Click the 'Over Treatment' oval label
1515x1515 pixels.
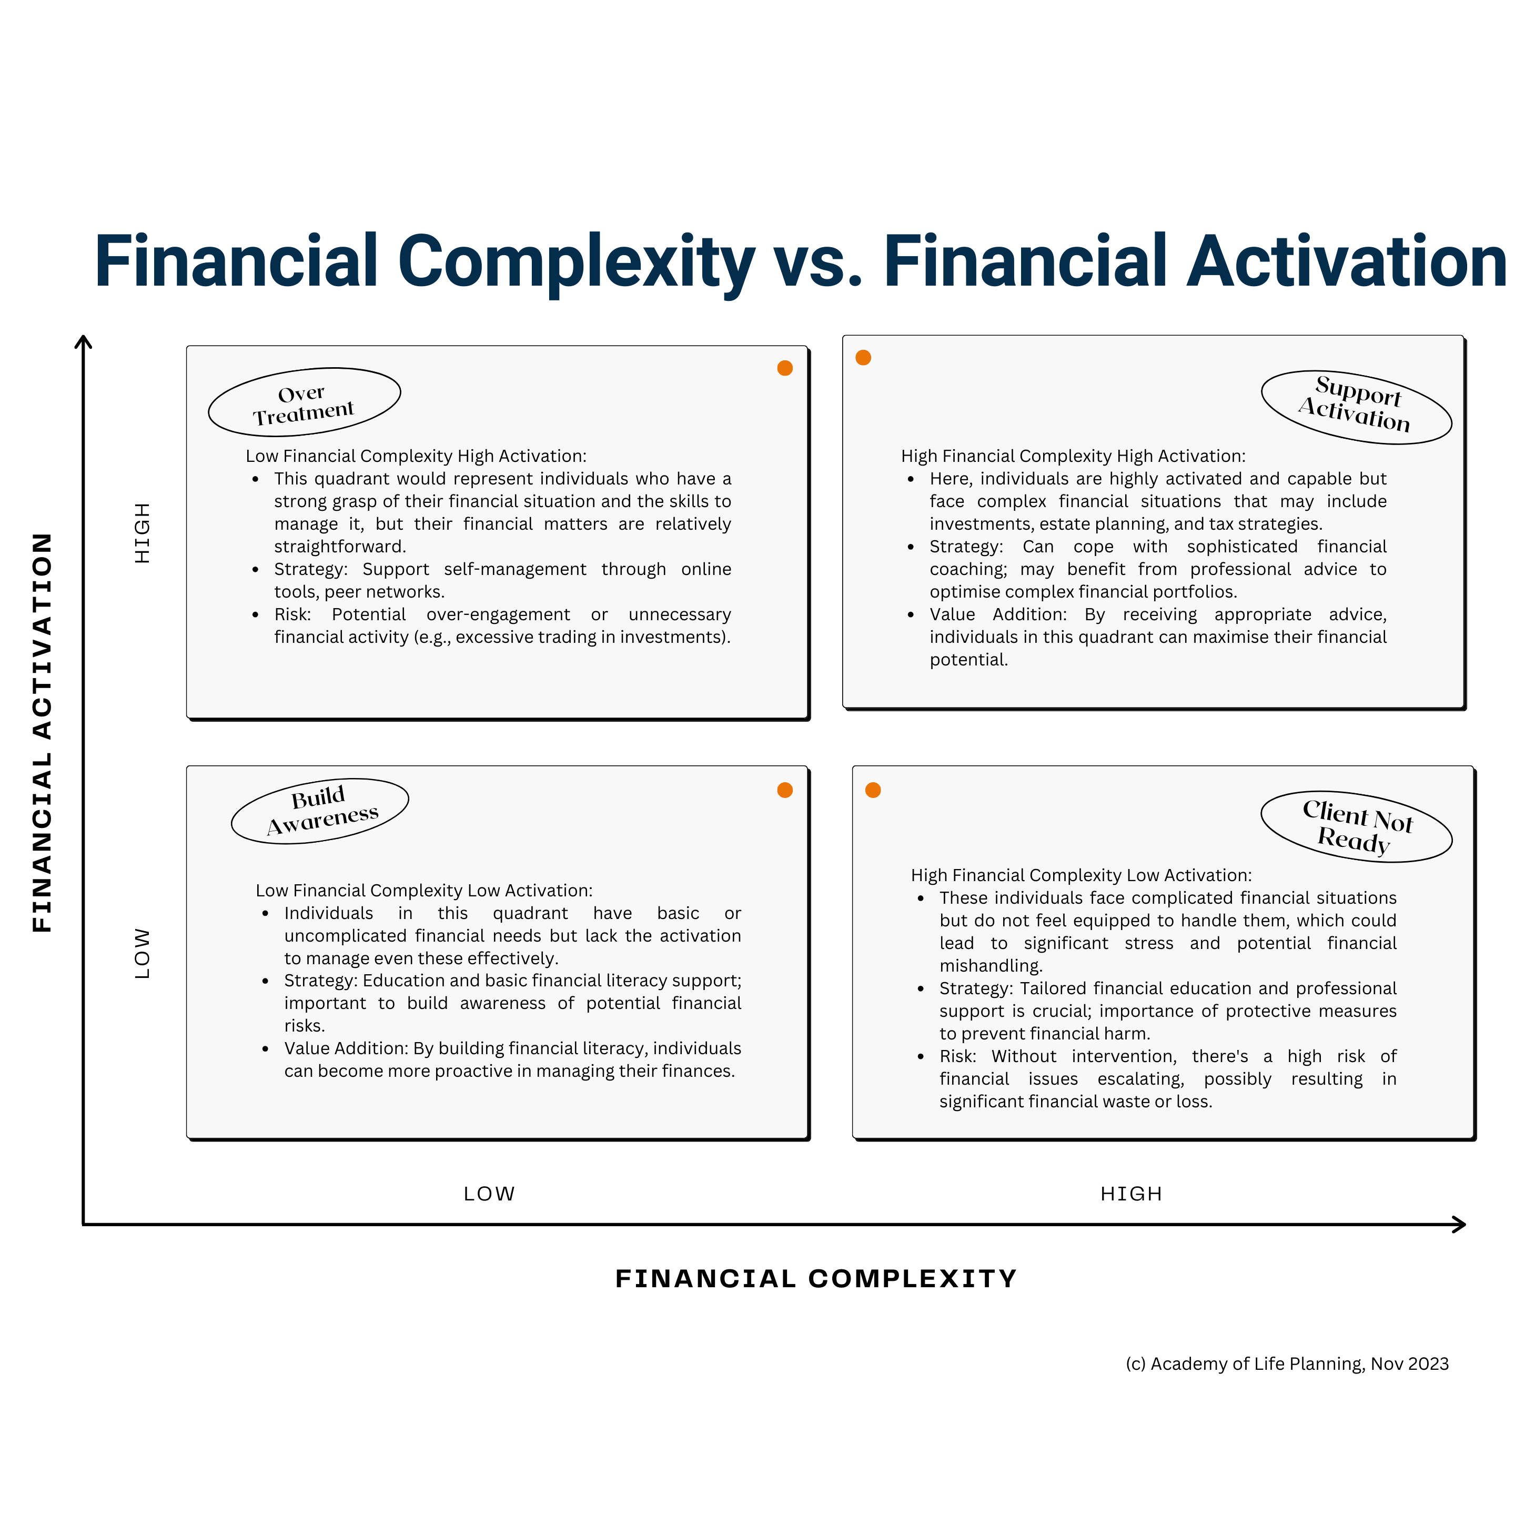[304, 402]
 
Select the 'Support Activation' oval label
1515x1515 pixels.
[1357, 407]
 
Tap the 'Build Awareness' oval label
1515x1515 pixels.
[320, 812]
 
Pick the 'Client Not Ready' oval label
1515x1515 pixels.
[1357, 826]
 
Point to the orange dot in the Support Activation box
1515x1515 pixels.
[863, 358]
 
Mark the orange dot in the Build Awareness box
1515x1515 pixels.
[785, 791]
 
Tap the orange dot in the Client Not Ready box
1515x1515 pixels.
[873, 791]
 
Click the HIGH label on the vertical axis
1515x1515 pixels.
[142, 533]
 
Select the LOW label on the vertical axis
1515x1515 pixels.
[142, 954]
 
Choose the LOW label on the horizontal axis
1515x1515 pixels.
[489, 1194]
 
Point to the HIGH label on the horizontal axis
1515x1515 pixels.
[1131, 1194]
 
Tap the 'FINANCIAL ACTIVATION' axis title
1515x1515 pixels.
[42, 732]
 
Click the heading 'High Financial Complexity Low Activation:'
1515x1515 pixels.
[1082, 875]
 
